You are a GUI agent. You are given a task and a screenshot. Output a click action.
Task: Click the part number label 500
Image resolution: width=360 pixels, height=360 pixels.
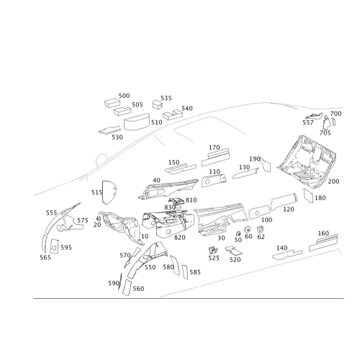pyautogui.click(x=124, y=96)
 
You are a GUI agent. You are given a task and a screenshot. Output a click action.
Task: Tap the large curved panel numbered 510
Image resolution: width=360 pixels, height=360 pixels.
pyautogui.click(x=137, y=122)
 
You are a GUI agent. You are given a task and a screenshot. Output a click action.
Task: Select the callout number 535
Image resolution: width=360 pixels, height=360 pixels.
pyautogui.click(x=166, y=98)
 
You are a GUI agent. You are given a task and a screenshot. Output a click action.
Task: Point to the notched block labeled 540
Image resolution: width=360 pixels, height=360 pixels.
pyautogui.click(x=173, y=114)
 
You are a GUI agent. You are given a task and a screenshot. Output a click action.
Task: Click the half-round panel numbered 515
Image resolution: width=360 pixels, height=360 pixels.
pyautogui.click(x=109, y=193)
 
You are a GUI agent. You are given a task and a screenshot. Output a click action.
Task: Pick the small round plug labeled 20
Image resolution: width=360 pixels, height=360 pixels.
pyautogui.click(x=98, y=218)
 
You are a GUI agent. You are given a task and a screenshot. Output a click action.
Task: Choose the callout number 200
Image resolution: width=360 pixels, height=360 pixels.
pyautogui.click(x=333, y=181)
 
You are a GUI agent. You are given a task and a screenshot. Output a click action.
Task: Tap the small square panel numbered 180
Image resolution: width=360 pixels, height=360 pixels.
pyautogui.click(x=308, y=195)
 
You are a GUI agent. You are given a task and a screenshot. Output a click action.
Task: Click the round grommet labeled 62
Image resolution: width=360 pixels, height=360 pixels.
pyautogui.click(x=260, y=229)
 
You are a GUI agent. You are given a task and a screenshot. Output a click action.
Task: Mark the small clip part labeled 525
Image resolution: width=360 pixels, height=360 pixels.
pyautogui.click(x=213, y=250)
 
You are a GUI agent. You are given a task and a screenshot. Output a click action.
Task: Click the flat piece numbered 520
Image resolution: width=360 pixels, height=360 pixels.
pyautogui.click(x=233, y=251)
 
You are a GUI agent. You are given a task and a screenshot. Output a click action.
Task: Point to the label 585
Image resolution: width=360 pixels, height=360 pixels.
pyautogui.click(x=195, y=272)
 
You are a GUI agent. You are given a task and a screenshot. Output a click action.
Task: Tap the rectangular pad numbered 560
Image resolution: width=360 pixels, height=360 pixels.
pyautogui.click(x=127, y=287)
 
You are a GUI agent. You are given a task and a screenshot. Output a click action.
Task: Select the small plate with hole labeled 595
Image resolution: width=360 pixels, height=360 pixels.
pyautogui.click(x=54, y=246)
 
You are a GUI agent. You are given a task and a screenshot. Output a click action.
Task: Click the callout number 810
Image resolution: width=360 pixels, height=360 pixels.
pyautogui.click(x=191, y=200)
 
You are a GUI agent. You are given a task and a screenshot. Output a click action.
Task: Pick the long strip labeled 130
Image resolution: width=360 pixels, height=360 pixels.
pyautogui.click(x=246, y=173)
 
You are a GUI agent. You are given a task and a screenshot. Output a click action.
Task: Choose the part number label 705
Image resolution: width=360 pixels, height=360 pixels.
pyautogui.click(x=325, y=132)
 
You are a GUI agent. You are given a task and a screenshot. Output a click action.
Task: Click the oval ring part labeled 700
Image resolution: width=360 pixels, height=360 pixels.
pyautogui.click(x=333, y=122)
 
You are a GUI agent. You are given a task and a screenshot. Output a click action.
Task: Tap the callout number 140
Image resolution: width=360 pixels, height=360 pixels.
pyautogui.click(x=282, y=248)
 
